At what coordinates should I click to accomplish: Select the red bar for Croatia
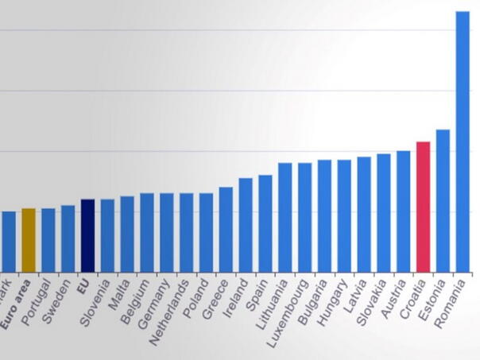[423, 207]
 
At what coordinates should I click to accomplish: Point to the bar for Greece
[226, 230]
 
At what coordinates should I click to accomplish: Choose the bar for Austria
[403, 211]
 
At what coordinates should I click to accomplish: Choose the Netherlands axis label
[171, 309]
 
